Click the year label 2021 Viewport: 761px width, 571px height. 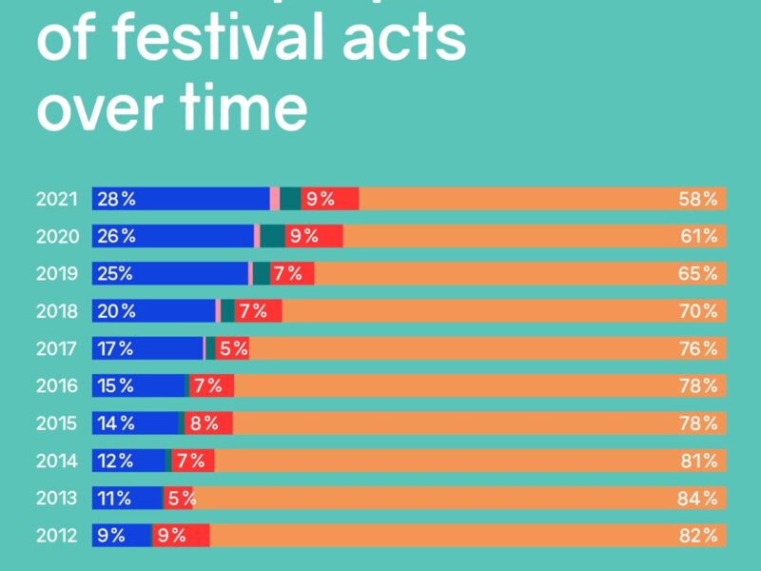coord(58,199)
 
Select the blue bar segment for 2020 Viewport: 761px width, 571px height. coord(173,236)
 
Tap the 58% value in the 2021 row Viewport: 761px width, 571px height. coord(697,199)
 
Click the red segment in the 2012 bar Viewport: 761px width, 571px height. coord(181,535)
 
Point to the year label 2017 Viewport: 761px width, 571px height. coord(58,348)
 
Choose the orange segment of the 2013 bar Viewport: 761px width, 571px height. coord(457,498)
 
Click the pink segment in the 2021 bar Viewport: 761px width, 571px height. coord(275,199)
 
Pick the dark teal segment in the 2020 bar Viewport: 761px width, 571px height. coord(272,236)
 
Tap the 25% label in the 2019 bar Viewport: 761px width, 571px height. coord(113,274)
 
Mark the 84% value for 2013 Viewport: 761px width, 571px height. coord(697,498)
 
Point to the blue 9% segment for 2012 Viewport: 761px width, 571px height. coord(122,535)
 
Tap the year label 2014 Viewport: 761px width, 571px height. coord(58,461)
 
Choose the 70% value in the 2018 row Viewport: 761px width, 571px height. coord(697,311)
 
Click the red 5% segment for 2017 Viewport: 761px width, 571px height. coord(232,348)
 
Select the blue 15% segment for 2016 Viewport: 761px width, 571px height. coord(139,385)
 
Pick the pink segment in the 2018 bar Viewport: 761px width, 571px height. coord(218,311)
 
